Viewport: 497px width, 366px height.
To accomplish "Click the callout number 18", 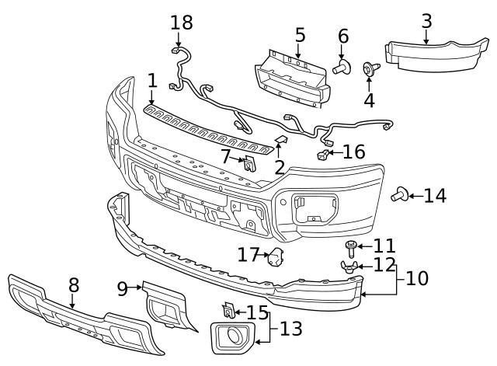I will (x=181, y=23).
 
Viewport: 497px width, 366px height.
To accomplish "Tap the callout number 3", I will (x=426, y=20).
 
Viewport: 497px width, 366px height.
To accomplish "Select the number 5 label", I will (x=300, y=35).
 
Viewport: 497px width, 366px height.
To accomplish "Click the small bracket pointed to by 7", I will (x=248, y=164).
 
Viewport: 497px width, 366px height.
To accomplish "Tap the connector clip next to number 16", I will (x=321, y=155).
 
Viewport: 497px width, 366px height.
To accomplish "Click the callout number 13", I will (x=290, y=329).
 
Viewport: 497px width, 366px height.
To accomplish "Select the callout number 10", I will (x=417, y=277).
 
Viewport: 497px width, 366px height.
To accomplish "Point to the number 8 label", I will (x=74, y=285).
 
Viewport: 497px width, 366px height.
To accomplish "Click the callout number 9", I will (x=123, y=289).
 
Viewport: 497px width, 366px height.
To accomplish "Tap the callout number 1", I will (x=152, y=80).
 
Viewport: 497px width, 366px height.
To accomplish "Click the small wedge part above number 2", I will (x=282, y=140).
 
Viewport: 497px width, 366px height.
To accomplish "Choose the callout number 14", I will (x=435, y=195).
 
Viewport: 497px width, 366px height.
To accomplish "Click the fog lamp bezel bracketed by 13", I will (x=231, y=338).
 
